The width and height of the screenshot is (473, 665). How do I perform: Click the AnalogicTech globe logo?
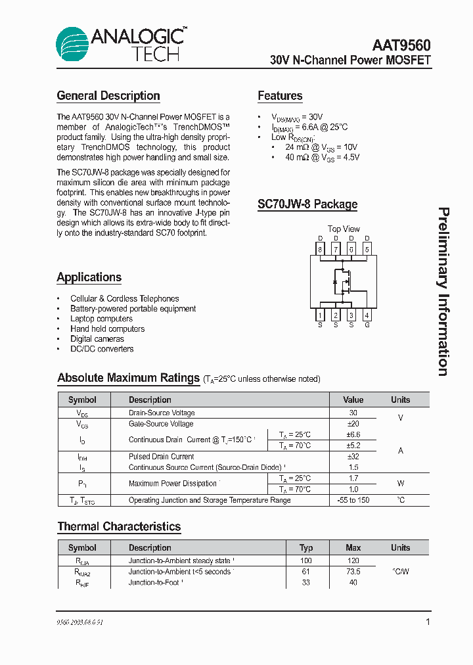click(72, 45)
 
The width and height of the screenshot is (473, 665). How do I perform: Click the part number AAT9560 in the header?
click(401, 45)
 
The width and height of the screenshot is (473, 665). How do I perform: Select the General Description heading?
click(108, 96)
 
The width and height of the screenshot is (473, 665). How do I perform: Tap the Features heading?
click(280, 96)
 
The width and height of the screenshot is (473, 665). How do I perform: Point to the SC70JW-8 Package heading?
click(307, 204)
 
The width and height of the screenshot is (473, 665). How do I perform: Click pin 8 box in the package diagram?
click(320, 249)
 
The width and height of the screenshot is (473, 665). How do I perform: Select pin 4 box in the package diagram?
click(367, 315)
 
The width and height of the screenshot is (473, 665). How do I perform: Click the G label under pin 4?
click(367, 325)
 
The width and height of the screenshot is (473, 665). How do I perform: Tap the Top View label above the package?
click(344, 229)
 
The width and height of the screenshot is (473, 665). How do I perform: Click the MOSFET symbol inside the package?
click(343, 281)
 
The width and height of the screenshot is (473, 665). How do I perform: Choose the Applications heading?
click(89, 277)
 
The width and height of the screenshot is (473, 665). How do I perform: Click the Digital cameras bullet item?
click(97, 339)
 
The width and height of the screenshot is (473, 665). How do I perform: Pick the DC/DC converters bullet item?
click(102, 349)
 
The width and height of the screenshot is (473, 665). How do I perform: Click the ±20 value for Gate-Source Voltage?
click(353, 424)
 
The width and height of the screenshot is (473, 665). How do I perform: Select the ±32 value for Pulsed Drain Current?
click(353, 456)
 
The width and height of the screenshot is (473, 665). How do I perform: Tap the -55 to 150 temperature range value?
click(353, 500)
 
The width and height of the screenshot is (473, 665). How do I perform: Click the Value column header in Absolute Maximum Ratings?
click(353, 400)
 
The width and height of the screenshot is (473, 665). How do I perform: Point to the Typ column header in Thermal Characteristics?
click(306, 547)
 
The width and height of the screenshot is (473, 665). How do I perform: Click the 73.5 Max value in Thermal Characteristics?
click(353, 572)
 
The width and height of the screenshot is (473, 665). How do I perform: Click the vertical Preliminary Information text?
click(444, 292)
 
